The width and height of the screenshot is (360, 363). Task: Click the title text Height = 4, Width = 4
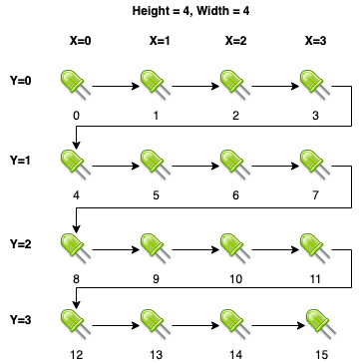pyautogui.click(x=190, y=11)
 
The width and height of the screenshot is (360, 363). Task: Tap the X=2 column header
pyautogui.click(x=235, y=41)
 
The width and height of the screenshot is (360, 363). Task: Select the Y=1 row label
pyautogui.click(x=21, y=161)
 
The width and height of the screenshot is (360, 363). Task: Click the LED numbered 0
pyautogui.click(x=76, y=85)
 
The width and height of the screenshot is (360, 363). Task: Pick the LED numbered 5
pyautogui.click(x=156, y=165)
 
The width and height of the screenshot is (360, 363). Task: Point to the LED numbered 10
pyautogui.click(x=235, y=248)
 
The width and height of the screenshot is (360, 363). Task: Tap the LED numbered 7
pyautogui.click(x=315, y=165)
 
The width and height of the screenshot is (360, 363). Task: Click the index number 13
pyautogui.click(x=156, y=355)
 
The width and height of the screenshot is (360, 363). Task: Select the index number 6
pyautogui.click(x=235, y=195)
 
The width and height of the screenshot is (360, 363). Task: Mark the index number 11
pyautogui.click(x=315, y=279)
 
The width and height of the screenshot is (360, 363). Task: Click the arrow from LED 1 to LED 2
pyautogui.click(x=195, y=87)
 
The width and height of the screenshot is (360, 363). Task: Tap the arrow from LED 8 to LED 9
pyautogui.click(x=116, y=249)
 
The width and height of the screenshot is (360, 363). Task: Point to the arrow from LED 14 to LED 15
pyautogui.click(x=278, y=325)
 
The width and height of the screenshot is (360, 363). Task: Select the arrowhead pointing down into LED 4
pyautogui.click(x=77, y=145)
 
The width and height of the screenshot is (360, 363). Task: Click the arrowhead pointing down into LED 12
pyautogui.click(x=77, y=304)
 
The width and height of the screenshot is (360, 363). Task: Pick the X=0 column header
pyautogui.click(x=81, y=41)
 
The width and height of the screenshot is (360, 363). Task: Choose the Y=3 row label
pyautogui.click(x=21, y=319)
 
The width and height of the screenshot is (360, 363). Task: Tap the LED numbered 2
pyautogui.click(x=235, y=85)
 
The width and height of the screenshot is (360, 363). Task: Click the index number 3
pyautogui.click(x=315, y=116)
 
